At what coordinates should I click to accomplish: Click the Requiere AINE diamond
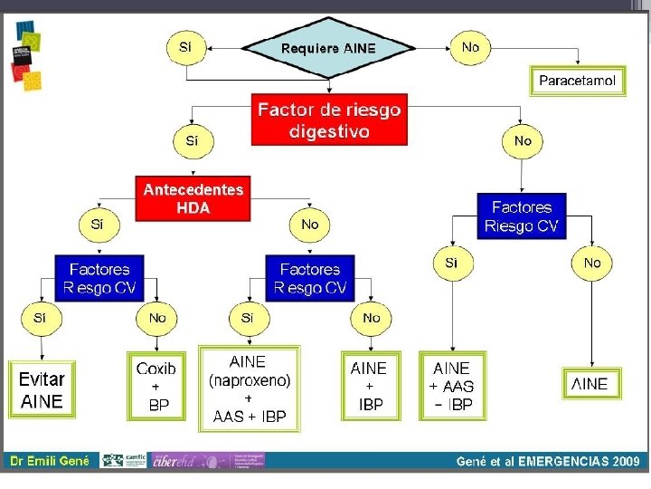(327, 47)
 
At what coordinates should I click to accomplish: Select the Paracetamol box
(577, 81)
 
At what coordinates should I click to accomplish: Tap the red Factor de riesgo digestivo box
(329, 120)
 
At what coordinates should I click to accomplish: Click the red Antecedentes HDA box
(193, 198)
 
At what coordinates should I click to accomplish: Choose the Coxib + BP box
(156, 387)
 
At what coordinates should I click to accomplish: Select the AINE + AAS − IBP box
(451, 387)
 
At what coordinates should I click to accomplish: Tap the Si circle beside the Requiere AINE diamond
(185, 47)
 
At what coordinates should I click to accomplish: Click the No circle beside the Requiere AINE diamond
(470, 47)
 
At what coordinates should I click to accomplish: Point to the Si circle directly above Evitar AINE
(40, 318)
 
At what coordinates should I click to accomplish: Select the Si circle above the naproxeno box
(248, 318)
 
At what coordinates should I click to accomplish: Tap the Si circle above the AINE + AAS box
(451, 264)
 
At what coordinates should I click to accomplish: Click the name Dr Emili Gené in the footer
(50, 461)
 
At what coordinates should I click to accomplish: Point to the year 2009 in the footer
(625, 461)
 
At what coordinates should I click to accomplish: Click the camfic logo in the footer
(124, 460)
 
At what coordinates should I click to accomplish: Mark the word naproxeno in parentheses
(250, 380)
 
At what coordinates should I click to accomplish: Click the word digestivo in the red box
(329, 131)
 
